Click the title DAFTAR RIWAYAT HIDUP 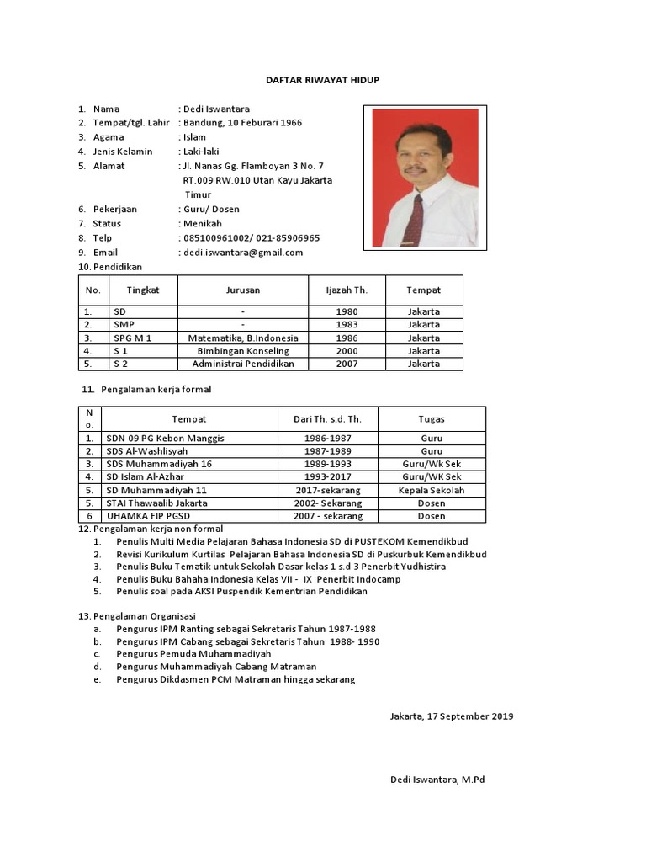click(x=323, y=79)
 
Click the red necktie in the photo click(x=414, y=218)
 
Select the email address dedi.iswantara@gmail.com click(x=242, y=253)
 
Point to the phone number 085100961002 click(x=217, y=238)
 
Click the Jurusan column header click(x=242, y=290)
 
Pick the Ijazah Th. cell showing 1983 click(x=347, y=325)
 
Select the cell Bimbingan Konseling click(x=242, y=351)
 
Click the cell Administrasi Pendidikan click(x=242, y=364)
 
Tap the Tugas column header click(x=432, y=419)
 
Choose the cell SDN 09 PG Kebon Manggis click(x=166, y=439)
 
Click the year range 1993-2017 click(x=328, y=477)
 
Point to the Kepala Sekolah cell click(x=432, y=490)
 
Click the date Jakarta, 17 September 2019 click(x=452, y=716)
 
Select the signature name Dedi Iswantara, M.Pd click(x=437, y=780)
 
